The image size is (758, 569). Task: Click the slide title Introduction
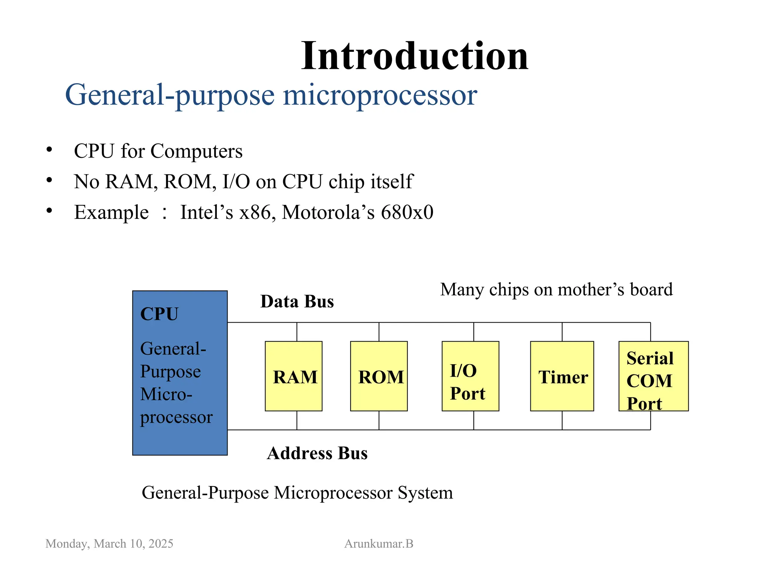pyautogui.click(x=415, y=56)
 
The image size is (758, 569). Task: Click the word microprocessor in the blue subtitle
pyautogui.click(x=380, y=95)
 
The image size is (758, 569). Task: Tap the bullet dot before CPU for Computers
pyautogui.click(x=49, y=150)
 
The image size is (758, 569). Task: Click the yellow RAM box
pyautogui.click(x=294, y=376)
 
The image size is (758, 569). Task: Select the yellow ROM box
pyautogui.click(x=379, y=376)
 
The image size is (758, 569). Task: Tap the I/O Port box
pyautogui.click(x=470, y=376)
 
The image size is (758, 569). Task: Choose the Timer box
pyautogui.click(x=562, y=376)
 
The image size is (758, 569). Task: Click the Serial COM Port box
pyautogui.click(x=653, y=376)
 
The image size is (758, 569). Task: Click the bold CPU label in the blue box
pyautogui.click(x=159, y=314)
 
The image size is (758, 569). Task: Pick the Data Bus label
pyautogui.click(x=297, y=302)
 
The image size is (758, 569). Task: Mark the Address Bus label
pyautogui.click(x=317, y=453)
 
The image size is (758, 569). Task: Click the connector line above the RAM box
pyautogui.click(x=297, y=332)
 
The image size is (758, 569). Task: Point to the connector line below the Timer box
pyautogui.click(x=562, y=420)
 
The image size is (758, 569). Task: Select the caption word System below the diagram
pyautogui.click(x=425, y=493)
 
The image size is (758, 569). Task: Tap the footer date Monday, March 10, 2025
pyautogui.click(x=109, y=544)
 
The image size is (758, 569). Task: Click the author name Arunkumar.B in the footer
pyautogui.click(x=379, y=544)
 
